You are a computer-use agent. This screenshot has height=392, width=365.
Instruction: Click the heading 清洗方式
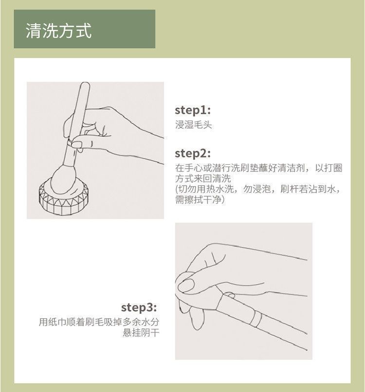[x=58, y=31]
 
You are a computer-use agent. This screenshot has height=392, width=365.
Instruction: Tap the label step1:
[x=193, y=110]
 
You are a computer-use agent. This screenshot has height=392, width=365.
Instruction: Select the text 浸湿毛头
[x=193, y=124]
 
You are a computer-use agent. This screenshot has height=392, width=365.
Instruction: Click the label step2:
[x=193, y=153]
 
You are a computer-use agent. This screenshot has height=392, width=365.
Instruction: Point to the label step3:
[x=139, y=307]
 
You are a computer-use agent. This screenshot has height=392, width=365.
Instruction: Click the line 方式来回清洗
[x=202, y=178]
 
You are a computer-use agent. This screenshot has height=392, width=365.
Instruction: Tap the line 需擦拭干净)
[x=200, y=200]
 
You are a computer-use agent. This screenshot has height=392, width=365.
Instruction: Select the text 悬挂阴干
[x=141, y=333]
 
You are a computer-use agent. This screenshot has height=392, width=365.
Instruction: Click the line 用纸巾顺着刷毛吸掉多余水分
[x=99, y=322]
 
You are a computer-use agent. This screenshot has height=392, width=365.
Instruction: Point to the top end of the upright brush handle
[x=85, y=83]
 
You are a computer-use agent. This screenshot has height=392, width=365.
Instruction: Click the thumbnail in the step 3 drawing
[x=186, y=285]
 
